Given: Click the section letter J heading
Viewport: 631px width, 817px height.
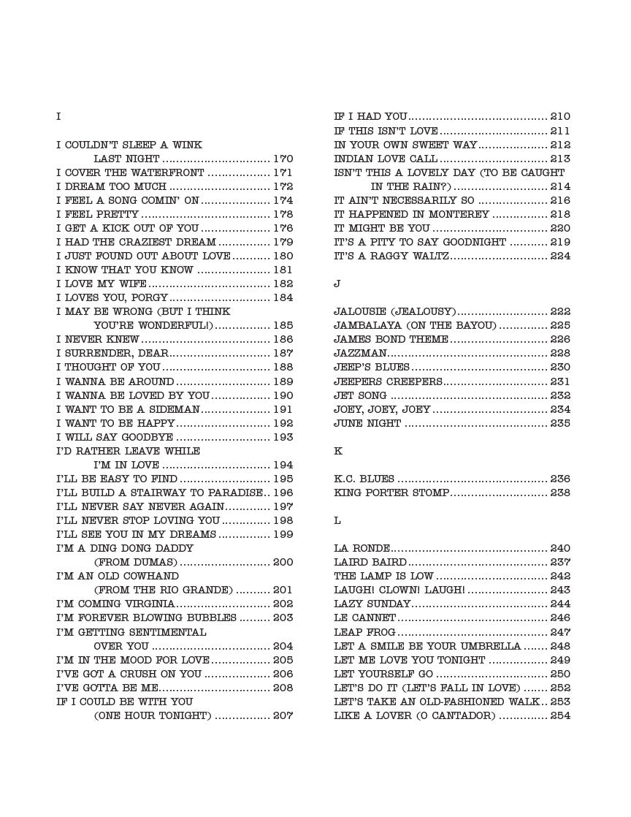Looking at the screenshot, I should point(337,284).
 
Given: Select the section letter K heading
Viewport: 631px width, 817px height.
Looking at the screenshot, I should point(337,451).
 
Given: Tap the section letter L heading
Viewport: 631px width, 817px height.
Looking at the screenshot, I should point(337,521).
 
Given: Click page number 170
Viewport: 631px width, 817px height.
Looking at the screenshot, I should point(283,159).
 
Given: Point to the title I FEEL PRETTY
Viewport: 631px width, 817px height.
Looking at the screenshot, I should point(97,214).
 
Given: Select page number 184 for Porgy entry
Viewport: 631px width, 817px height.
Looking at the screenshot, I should point(283,298).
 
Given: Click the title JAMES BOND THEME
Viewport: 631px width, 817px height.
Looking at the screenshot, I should point(391,339).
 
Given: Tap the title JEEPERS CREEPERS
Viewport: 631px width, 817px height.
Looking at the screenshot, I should point(388,381).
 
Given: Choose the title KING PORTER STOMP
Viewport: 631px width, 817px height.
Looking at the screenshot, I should point(391,493).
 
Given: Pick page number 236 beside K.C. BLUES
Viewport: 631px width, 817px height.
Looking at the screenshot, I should point(560,479).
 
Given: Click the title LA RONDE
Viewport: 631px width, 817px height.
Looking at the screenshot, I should point(362,549).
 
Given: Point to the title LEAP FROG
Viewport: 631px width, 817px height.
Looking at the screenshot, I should point(364,632).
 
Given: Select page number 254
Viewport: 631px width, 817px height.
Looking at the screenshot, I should point(560,716).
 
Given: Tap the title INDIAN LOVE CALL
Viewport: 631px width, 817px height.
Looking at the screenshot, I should point(386,159).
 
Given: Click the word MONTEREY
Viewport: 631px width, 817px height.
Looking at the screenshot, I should point(458,214).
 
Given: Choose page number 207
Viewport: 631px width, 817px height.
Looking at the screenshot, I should point(283,716).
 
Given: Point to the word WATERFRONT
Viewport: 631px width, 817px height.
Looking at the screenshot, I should point(168,172).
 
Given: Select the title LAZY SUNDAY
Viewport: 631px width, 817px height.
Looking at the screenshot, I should point(372,604).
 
